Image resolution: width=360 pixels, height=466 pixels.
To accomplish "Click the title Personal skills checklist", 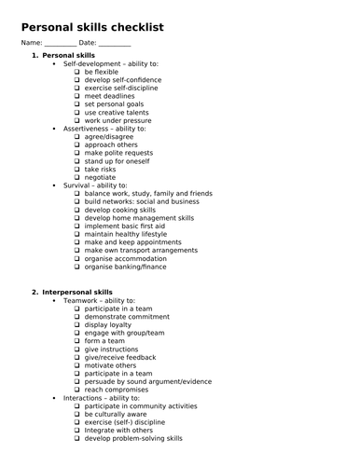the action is coord(92,28).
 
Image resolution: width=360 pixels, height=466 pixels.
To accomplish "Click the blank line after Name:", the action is coord(61,44).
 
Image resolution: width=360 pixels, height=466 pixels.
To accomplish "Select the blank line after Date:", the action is coord(114,44).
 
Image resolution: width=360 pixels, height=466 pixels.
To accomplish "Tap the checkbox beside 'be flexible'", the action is coord(77,72).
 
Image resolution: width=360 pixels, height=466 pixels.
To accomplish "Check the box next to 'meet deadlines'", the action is coord(77,96).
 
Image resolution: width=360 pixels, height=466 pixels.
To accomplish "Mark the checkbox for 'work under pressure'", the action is coord(77,120).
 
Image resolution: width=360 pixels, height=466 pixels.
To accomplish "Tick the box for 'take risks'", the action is coord(77,169).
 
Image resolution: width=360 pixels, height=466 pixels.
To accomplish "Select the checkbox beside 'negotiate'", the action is coord(77,177).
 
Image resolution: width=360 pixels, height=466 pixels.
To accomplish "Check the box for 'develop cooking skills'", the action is coord(77,210).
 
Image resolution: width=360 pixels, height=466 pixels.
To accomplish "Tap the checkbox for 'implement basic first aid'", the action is coord(77,226).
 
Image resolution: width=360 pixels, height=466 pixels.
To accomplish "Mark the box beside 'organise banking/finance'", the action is coord(77,267).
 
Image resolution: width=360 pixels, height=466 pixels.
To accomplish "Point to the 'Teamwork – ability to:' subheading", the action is coord(105,300).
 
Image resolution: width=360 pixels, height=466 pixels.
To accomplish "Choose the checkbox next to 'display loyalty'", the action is coord(77,324).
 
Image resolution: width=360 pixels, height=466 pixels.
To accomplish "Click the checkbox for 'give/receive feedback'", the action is coord(77,357).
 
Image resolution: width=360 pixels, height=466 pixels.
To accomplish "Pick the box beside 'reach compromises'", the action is coord(77,390).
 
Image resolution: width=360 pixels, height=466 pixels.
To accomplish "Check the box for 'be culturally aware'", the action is coord(77,414).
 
